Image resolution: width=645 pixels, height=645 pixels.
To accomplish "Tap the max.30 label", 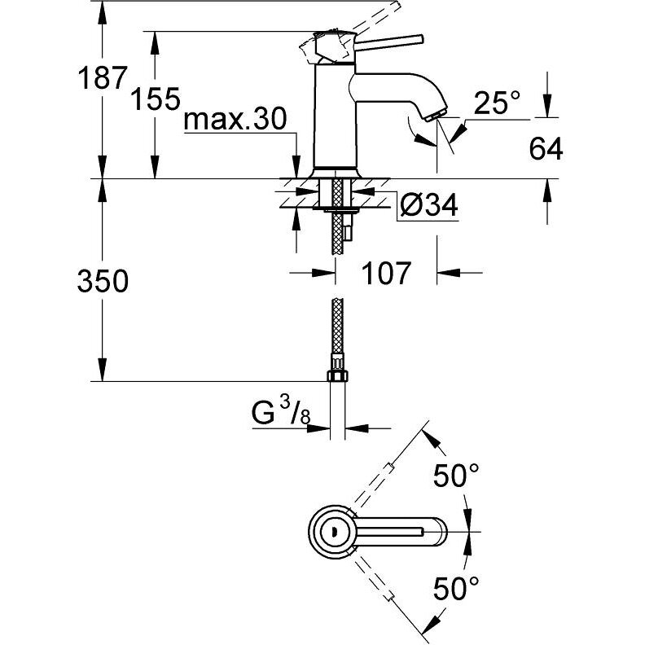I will pos(235,121).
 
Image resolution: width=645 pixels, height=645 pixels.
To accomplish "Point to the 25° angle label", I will pos(497,103).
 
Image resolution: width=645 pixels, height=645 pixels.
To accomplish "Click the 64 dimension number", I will pos(546,149).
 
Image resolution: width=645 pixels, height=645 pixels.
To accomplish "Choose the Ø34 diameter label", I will pos(428,208).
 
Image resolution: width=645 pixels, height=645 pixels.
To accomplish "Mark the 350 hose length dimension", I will pos(103,281).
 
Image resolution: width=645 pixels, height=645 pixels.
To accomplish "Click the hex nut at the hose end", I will pos(336,375).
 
